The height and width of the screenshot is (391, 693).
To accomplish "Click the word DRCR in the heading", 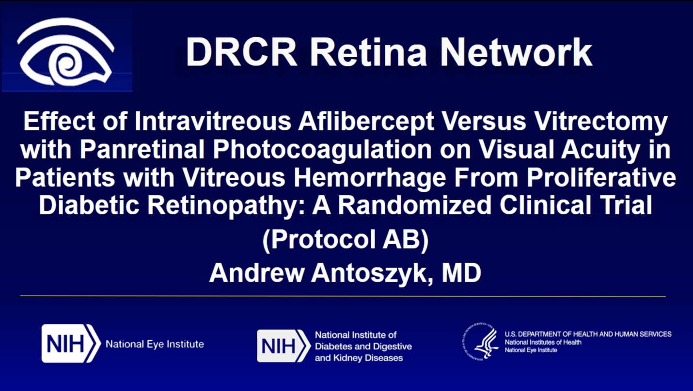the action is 241,52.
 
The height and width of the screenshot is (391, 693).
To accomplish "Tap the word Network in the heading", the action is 516,52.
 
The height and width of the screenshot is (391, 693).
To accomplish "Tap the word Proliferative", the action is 601,177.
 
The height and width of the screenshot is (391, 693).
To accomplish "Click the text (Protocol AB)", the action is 345,240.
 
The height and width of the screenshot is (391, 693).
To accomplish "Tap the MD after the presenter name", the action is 461,273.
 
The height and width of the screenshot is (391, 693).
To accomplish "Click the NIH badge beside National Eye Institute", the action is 71,344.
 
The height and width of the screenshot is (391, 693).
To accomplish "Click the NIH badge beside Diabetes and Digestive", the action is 283,346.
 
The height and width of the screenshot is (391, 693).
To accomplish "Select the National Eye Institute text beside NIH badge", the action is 155,344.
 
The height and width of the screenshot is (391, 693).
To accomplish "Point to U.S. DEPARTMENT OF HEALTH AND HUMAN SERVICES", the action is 588,334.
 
